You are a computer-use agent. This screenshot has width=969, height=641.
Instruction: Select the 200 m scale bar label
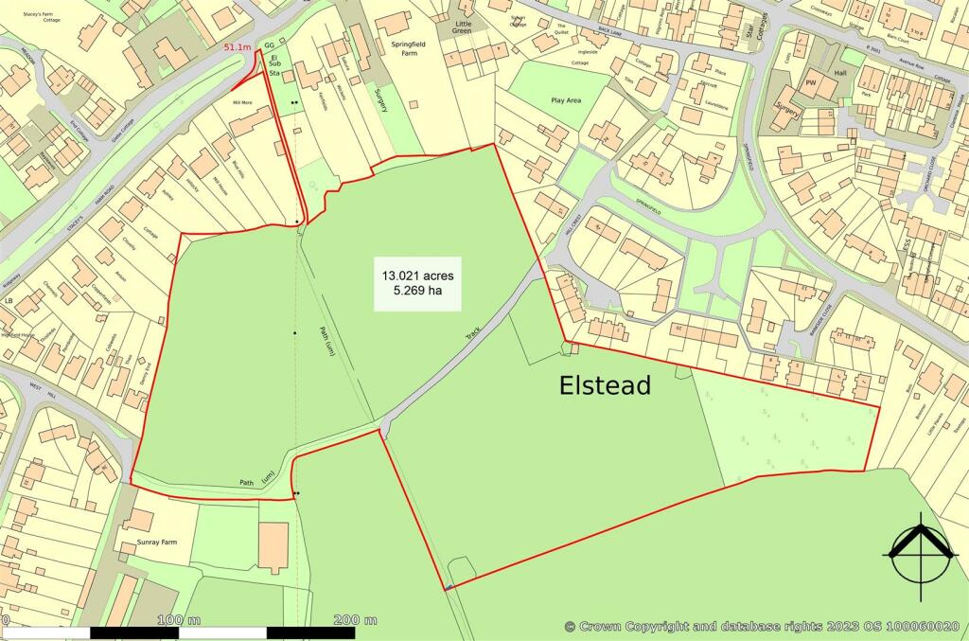(x=356, y=620)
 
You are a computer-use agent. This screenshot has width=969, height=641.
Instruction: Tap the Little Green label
(x=463, y=28)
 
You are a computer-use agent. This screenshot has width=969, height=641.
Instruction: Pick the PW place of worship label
(x=810, y=82)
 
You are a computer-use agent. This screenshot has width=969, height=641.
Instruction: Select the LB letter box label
(x=9, y=301)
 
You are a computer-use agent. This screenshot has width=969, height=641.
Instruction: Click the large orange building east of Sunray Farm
(x=273, y=546)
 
